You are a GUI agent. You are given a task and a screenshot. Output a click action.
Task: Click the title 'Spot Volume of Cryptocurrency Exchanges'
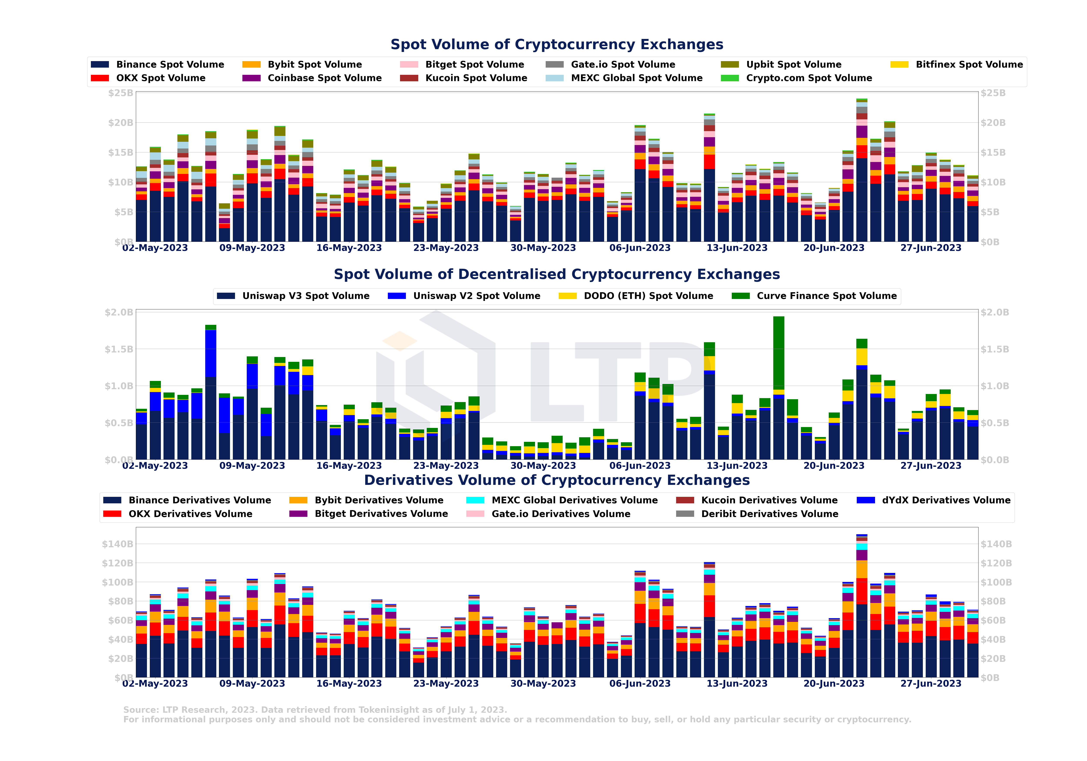[557, 45]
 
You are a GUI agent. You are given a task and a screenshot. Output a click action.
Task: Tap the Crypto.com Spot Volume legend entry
[809, 78]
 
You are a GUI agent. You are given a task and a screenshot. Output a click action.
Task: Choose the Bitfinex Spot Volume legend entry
[969, 64]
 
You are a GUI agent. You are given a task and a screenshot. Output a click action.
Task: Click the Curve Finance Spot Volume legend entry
[826, 296]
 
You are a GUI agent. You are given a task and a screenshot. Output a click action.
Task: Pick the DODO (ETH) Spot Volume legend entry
[648, 296]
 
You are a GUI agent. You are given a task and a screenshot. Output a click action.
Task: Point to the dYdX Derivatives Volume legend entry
[945, 500]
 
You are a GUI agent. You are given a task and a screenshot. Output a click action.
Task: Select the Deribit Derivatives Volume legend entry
[769, 514]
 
